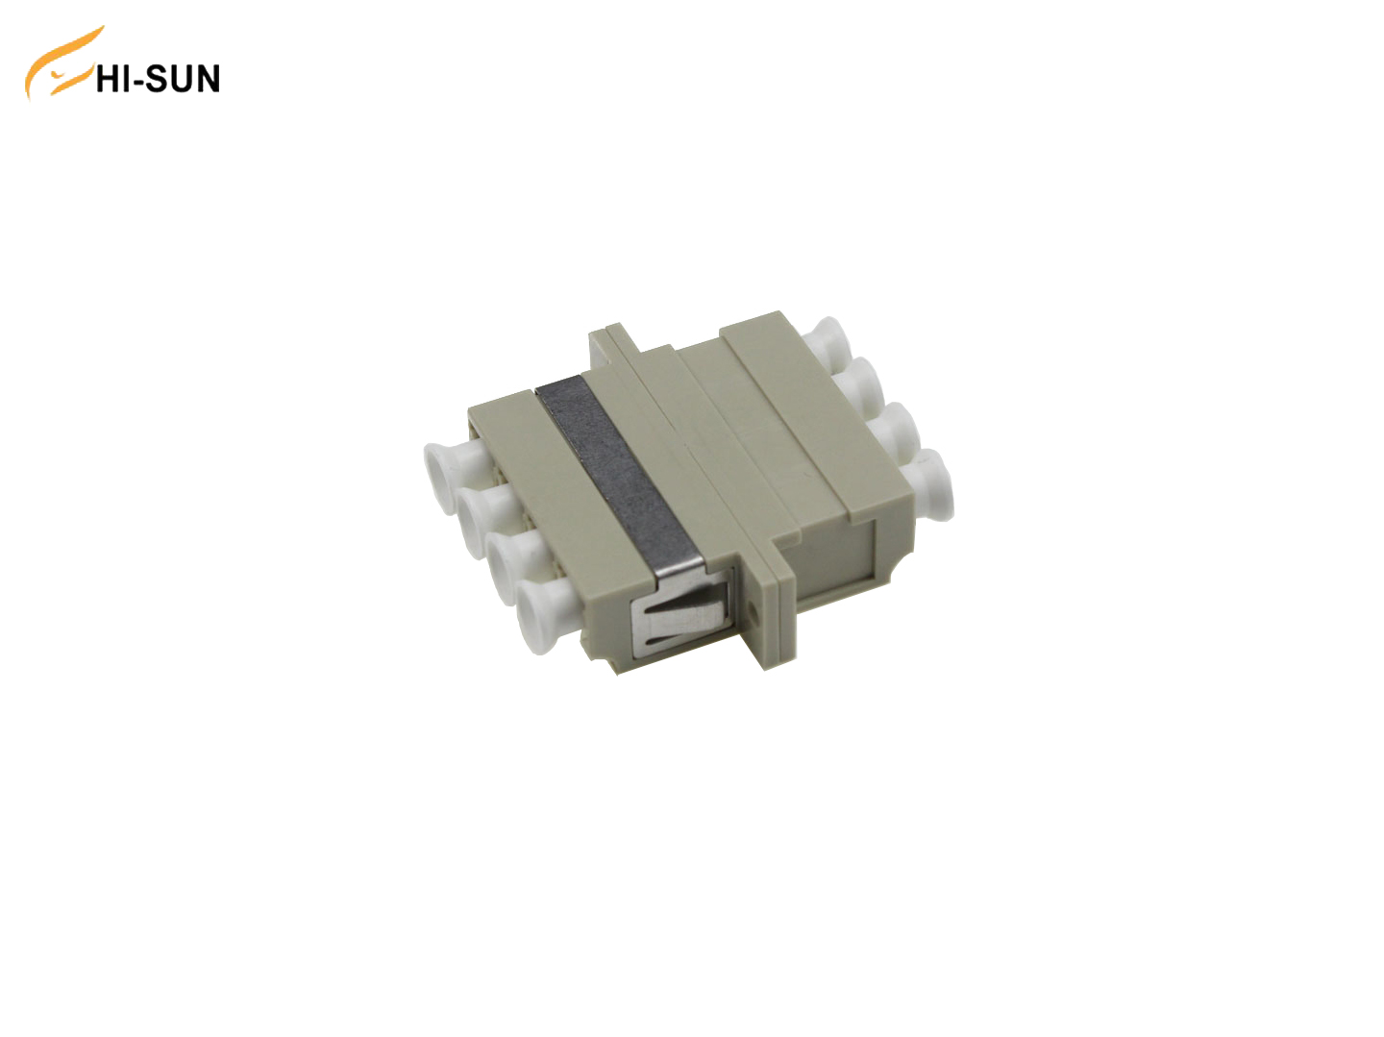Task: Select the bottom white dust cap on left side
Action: point(544,605)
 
